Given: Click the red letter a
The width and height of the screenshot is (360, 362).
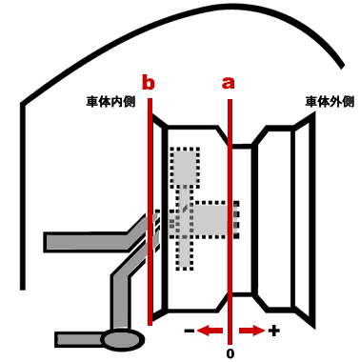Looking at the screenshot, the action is point(228,83).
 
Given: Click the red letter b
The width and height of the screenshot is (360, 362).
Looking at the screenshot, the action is point(149,82).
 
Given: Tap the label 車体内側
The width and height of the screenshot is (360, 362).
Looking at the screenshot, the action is point(110,102).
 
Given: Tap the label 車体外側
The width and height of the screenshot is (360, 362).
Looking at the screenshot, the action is point(330,102).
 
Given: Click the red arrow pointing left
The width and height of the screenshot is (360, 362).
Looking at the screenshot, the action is point(210,331).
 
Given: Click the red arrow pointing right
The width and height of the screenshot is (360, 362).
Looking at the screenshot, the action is point(251,331).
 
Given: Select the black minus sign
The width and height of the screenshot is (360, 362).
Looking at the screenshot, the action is point(190,331).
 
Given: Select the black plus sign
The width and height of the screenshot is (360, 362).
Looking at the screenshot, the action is point(274,331).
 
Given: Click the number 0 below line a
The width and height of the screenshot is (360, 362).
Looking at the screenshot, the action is point(230,353).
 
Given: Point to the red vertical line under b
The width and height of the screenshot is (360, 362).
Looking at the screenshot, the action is point(150,211).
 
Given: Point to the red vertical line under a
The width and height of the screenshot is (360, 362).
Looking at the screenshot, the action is point(230,222).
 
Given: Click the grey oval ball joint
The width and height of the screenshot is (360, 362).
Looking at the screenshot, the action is point(122,339).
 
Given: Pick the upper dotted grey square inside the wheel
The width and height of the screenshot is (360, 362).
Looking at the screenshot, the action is point(185,167).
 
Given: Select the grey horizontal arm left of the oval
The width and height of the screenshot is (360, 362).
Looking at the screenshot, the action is point(79,339).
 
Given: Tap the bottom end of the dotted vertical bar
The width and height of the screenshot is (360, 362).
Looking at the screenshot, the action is point(185,269).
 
